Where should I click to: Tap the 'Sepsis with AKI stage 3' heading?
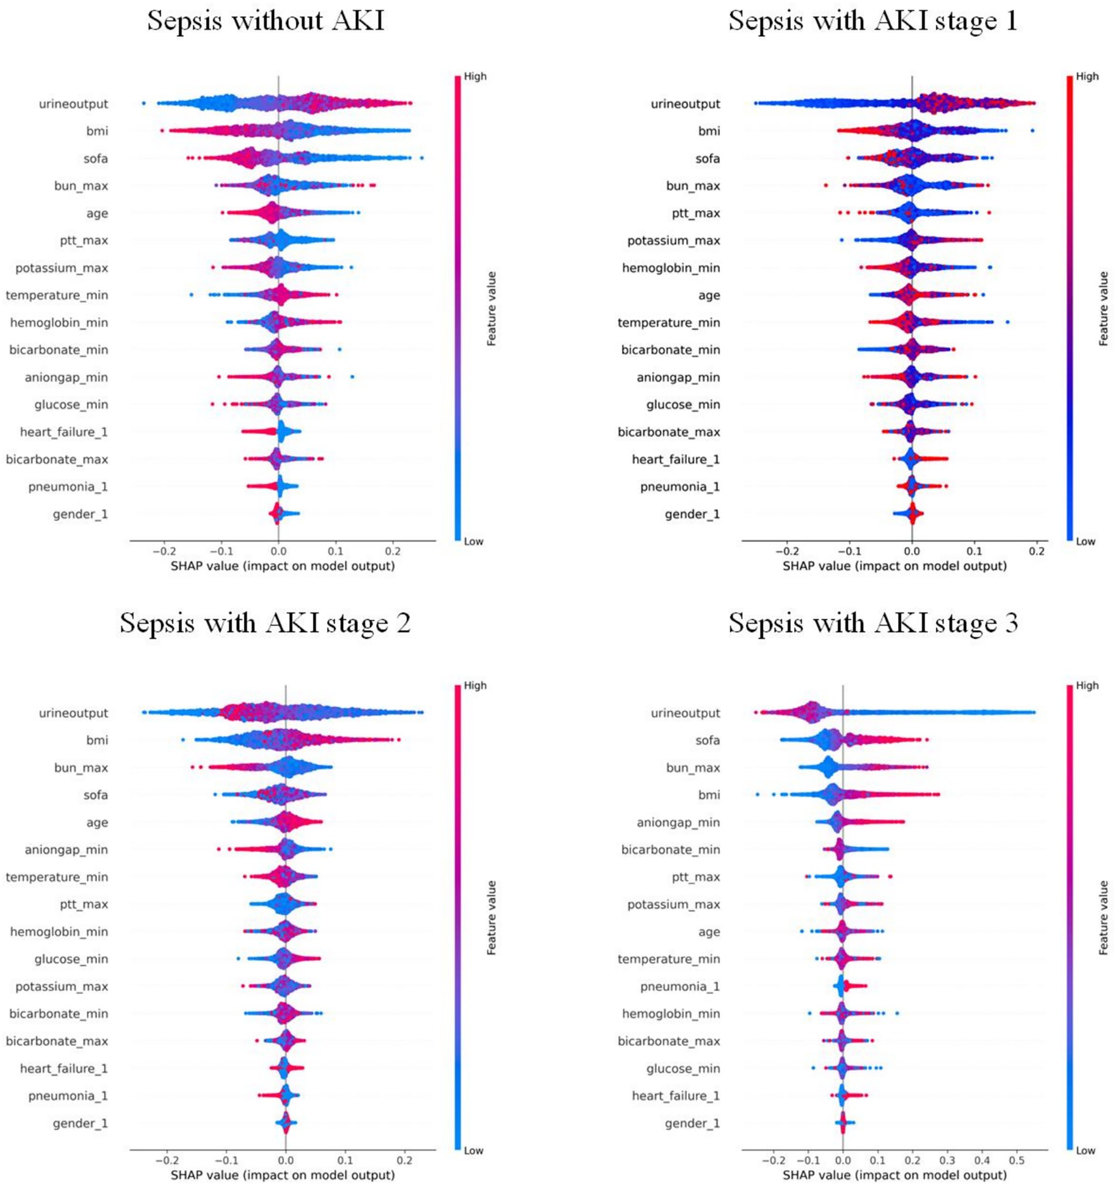pyautogui.click(x=873, y=623)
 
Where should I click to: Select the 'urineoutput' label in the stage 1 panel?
pyautogui.click(x=685, y=104)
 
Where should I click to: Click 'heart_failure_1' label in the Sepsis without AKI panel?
pyautogui.click(x=64, y=432)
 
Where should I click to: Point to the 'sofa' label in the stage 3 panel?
pyautogui.click(x=708, y=740)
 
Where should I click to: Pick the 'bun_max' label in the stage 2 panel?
pyautogui.click(x=81, y=767)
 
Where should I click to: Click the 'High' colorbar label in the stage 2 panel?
pyautogui.click(x=475, y=685)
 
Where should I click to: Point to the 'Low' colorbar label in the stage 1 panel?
pyautogui.click(x=1085, y=542)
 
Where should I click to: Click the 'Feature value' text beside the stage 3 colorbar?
pyautogui.click(x=1104, y=917)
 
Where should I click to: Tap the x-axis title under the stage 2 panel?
pyautogui.click(x=282, y=1175)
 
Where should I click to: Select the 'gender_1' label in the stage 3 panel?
pyautogui.click(x=692, y=1123)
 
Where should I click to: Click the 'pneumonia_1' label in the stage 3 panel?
pyautogui.click(x=680, y=987)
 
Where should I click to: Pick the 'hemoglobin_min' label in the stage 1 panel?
pyautogui.click(x=671, y=268)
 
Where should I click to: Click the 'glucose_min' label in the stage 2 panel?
pyautogui.click(x=72, y=959)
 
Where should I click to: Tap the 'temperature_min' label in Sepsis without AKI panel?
pyautogui.click(x=57, y=295)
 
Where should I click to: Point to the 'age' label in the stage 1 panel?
pyautogui.click(x=709, y=295)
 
